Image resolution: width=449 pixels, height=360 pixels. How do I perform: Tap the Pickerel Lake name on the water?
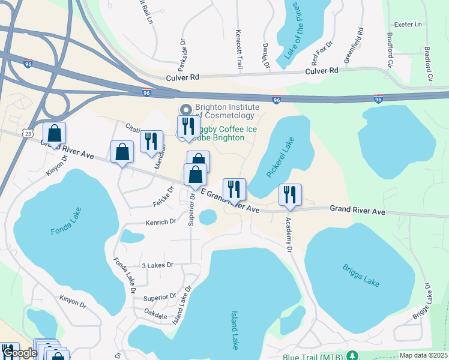coord(279,157)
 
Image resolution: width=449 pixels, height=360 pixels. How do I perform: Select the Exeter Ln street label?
coord(408,25)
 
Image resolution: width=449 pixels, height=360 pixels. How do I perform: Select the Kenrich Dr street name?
coord(160,221)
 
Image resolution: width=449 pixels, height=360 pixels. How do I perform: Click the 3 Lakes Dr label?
coord(157,265)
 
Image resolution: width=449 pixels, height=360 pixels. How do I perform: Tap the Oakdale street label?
coord(155,313)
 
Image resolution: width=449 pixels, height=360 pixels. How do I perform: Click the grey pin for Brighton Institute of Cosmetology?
coord(185,110)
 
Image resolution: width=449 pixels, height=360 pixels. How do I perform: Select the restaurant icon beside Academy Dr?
coord(290,195)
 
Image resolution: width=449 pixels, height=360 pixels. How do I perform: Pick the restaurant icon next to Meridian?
coord(151,142)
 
